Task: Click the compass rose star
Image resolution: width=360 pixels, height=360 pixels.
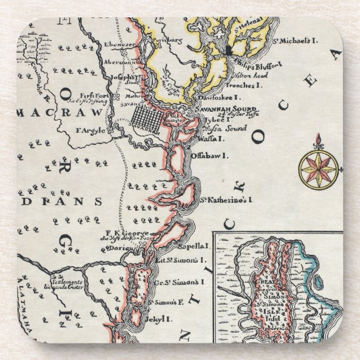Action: point(318,166)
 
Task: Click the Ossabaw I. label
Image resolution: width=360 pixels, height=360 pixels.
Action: point(209,156)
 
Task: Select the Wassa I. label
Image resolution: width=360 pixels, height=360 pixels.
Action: point(211,138)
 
